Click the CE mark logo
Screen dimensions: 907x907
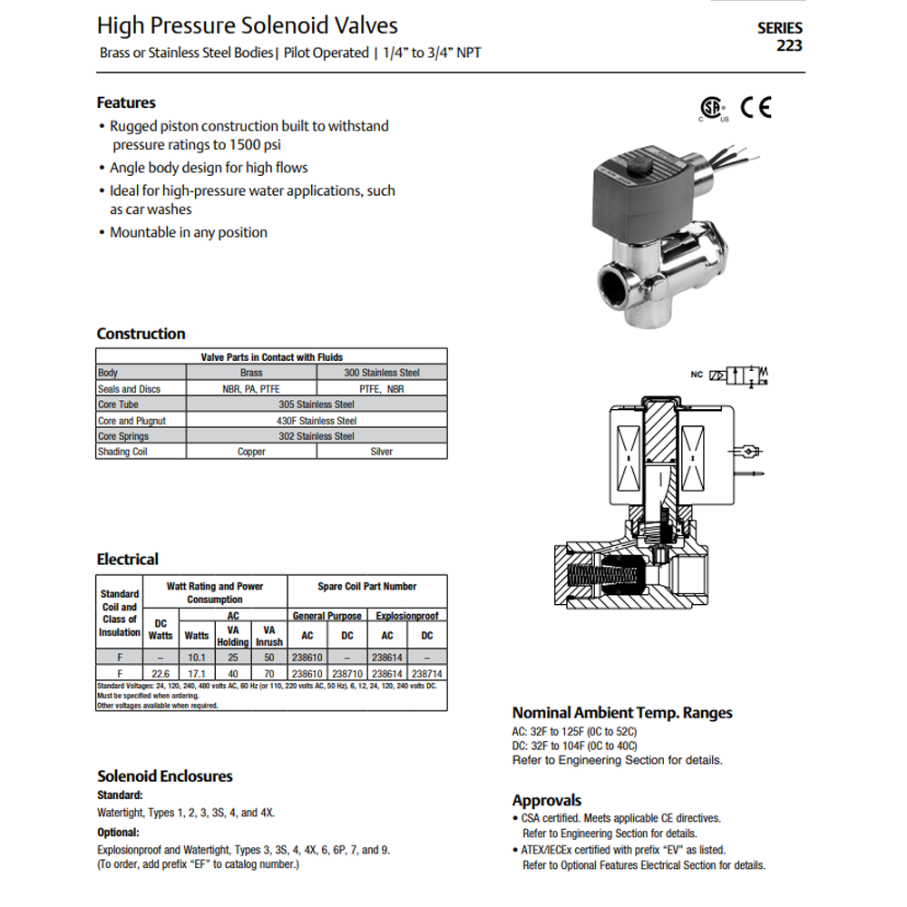pos(756,108)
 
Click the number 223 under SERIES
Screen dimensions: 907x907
pos(789,45)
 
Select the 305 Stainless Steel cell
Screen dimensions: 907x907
pos(317,405)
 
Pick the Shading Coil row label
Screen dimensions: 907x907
pos(122,452)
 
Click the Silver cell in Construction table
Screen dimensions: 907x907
pos(382,452)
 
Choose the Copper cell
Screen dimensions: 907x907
pos(251,452)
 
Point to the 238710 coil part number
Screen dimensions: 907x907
pos(347,674)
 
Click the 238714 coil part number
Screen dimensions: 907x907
pos(427,674)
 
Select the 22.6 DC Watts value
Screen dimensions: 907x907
pos(161,674)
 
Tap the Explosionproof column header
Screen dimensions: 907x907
pos(407,616)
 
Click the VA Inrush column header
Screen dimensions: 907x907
pos(269,636)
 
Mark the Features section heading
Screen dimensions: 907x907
pos(126,103)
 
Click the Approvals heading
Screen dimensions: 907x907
pos(547,801)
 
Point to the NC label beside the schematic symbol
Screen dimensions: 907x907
pos(697,375)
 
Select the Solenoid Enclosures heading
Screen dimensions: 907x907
pos(165,776)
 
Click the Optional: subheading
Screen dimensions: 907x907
pos(119,833)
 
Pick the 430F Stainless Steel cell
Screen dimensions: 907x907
pos(317,421)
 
